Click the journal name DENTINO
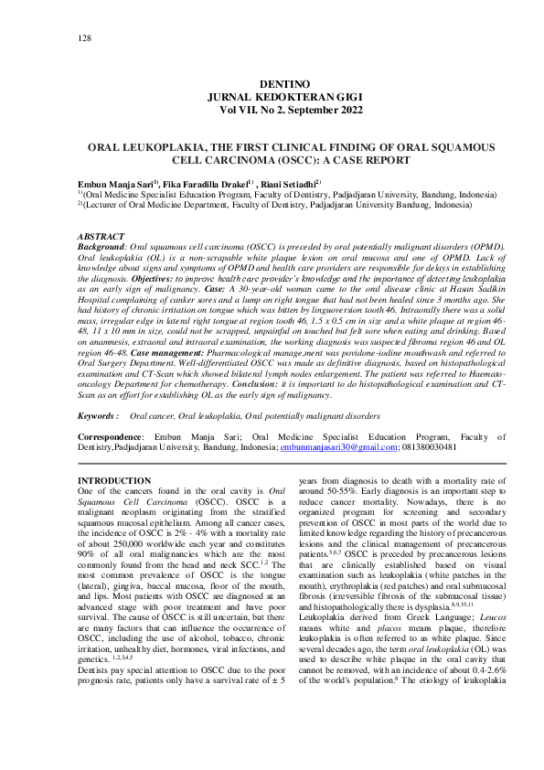[272, 83]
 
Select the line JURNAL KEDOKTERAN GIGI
[272, 96]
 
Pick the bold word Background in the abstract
[101, 247]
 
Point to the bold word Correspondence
[111, 437]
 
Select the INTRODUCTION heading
[114, 480]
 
